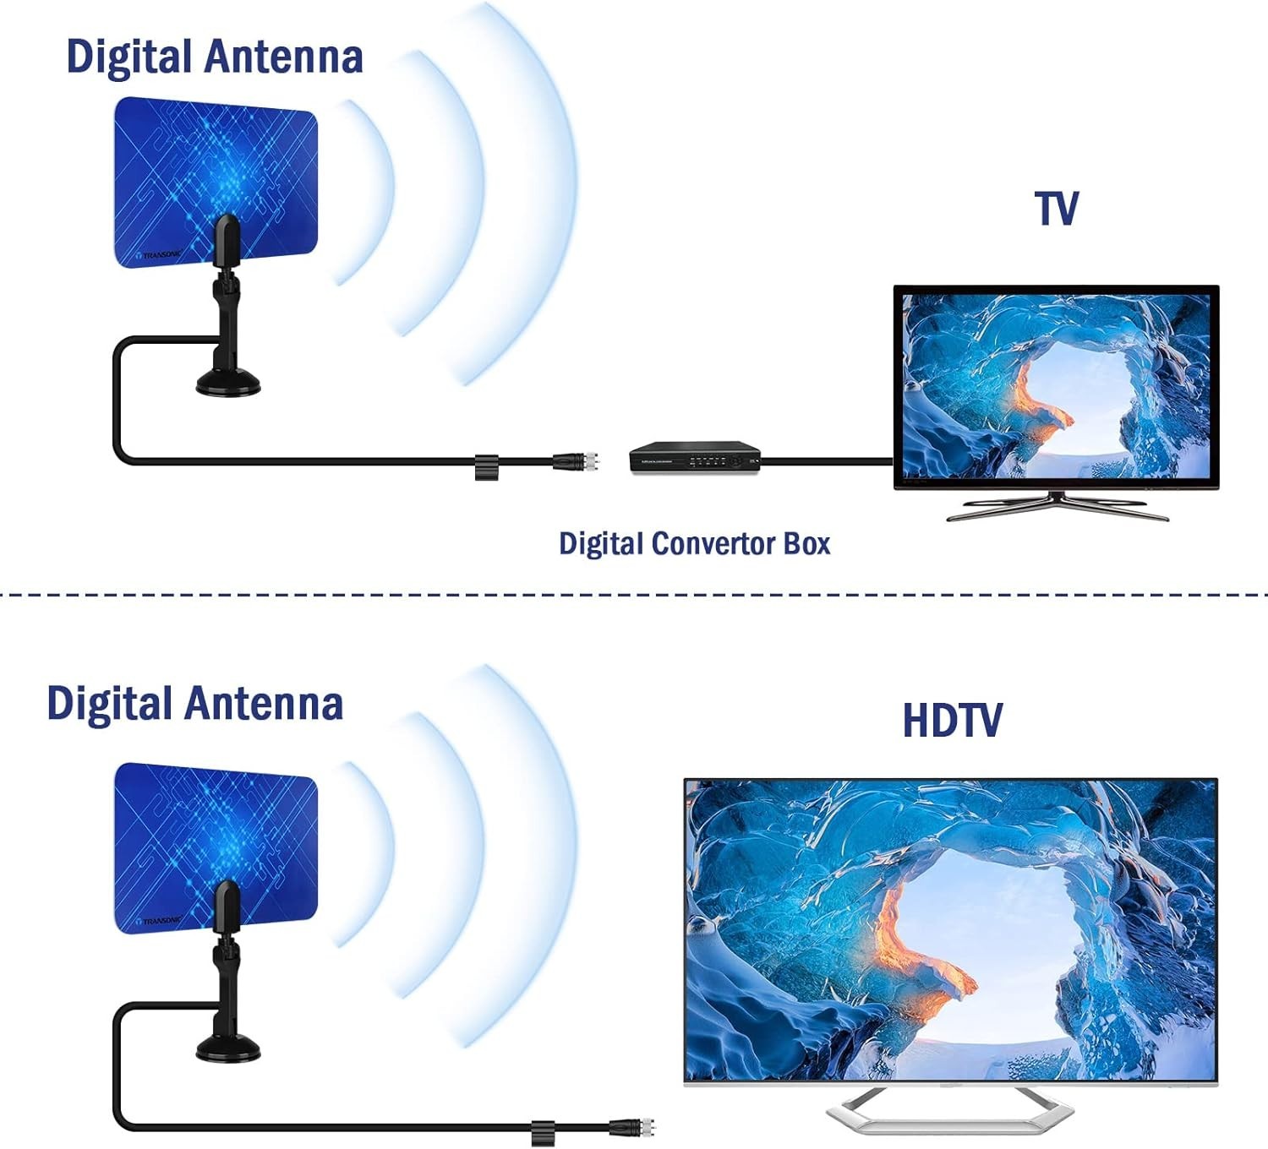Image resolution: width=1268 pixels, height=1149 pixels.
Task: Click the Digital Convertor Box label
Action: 694,543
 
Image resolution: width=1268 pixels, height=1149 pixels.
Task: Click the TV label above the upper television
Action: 1056,209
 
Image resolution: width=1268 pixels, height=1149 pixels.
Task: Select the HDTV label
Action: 952,721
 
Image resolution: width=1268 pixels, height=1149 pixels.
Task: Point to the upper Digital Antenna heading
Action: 215,57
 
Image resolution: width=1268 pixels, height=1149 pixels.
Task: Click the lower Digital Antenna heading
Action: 195,704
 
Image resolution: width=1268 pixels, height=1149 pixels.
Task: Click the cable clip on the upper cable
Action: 486,466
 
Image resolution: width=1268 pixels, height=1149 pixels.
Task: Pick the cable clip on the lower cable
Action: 542,1132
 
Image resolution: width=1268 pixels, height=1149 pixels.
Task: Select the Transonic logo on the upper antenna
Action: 161,254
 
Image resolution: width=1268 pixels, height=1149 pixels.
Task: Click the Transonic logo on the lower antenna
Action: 161,920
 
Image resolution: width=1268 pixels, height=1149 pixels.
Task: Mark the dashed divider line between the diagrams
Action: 634,595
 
